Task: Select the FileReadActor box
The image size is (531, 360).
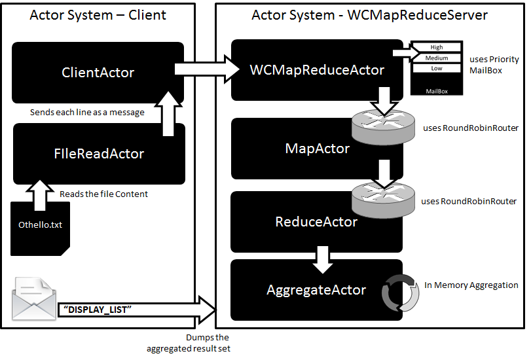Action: tap(98, 154)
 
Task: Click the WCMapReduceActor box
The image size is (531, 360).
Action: tap(317, 69)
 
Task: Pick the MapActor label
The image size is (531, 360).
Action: tap(318, 149)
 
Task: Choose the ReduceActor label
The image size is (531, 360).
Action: tap(316, 222)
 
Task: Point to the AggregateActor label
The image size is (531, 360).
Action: tap(316, 290)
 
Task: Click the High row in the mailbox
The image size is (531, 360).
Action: tap(437, 47)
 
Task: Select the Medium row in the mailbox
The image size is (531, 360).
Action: tap(437, 58)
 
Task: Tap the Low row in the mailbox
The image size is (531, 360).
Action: tap(437, 68)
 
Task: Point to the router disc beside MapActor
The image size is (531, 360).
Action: tap(383, 126)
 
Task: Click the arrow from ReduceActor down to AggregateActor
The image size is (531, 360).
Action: tap(322, 258)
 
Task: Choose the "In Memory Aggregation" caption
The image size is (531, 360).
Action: tap(471, 285)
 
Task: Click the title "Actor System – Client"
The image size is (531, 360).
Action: tap(98, 14)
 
